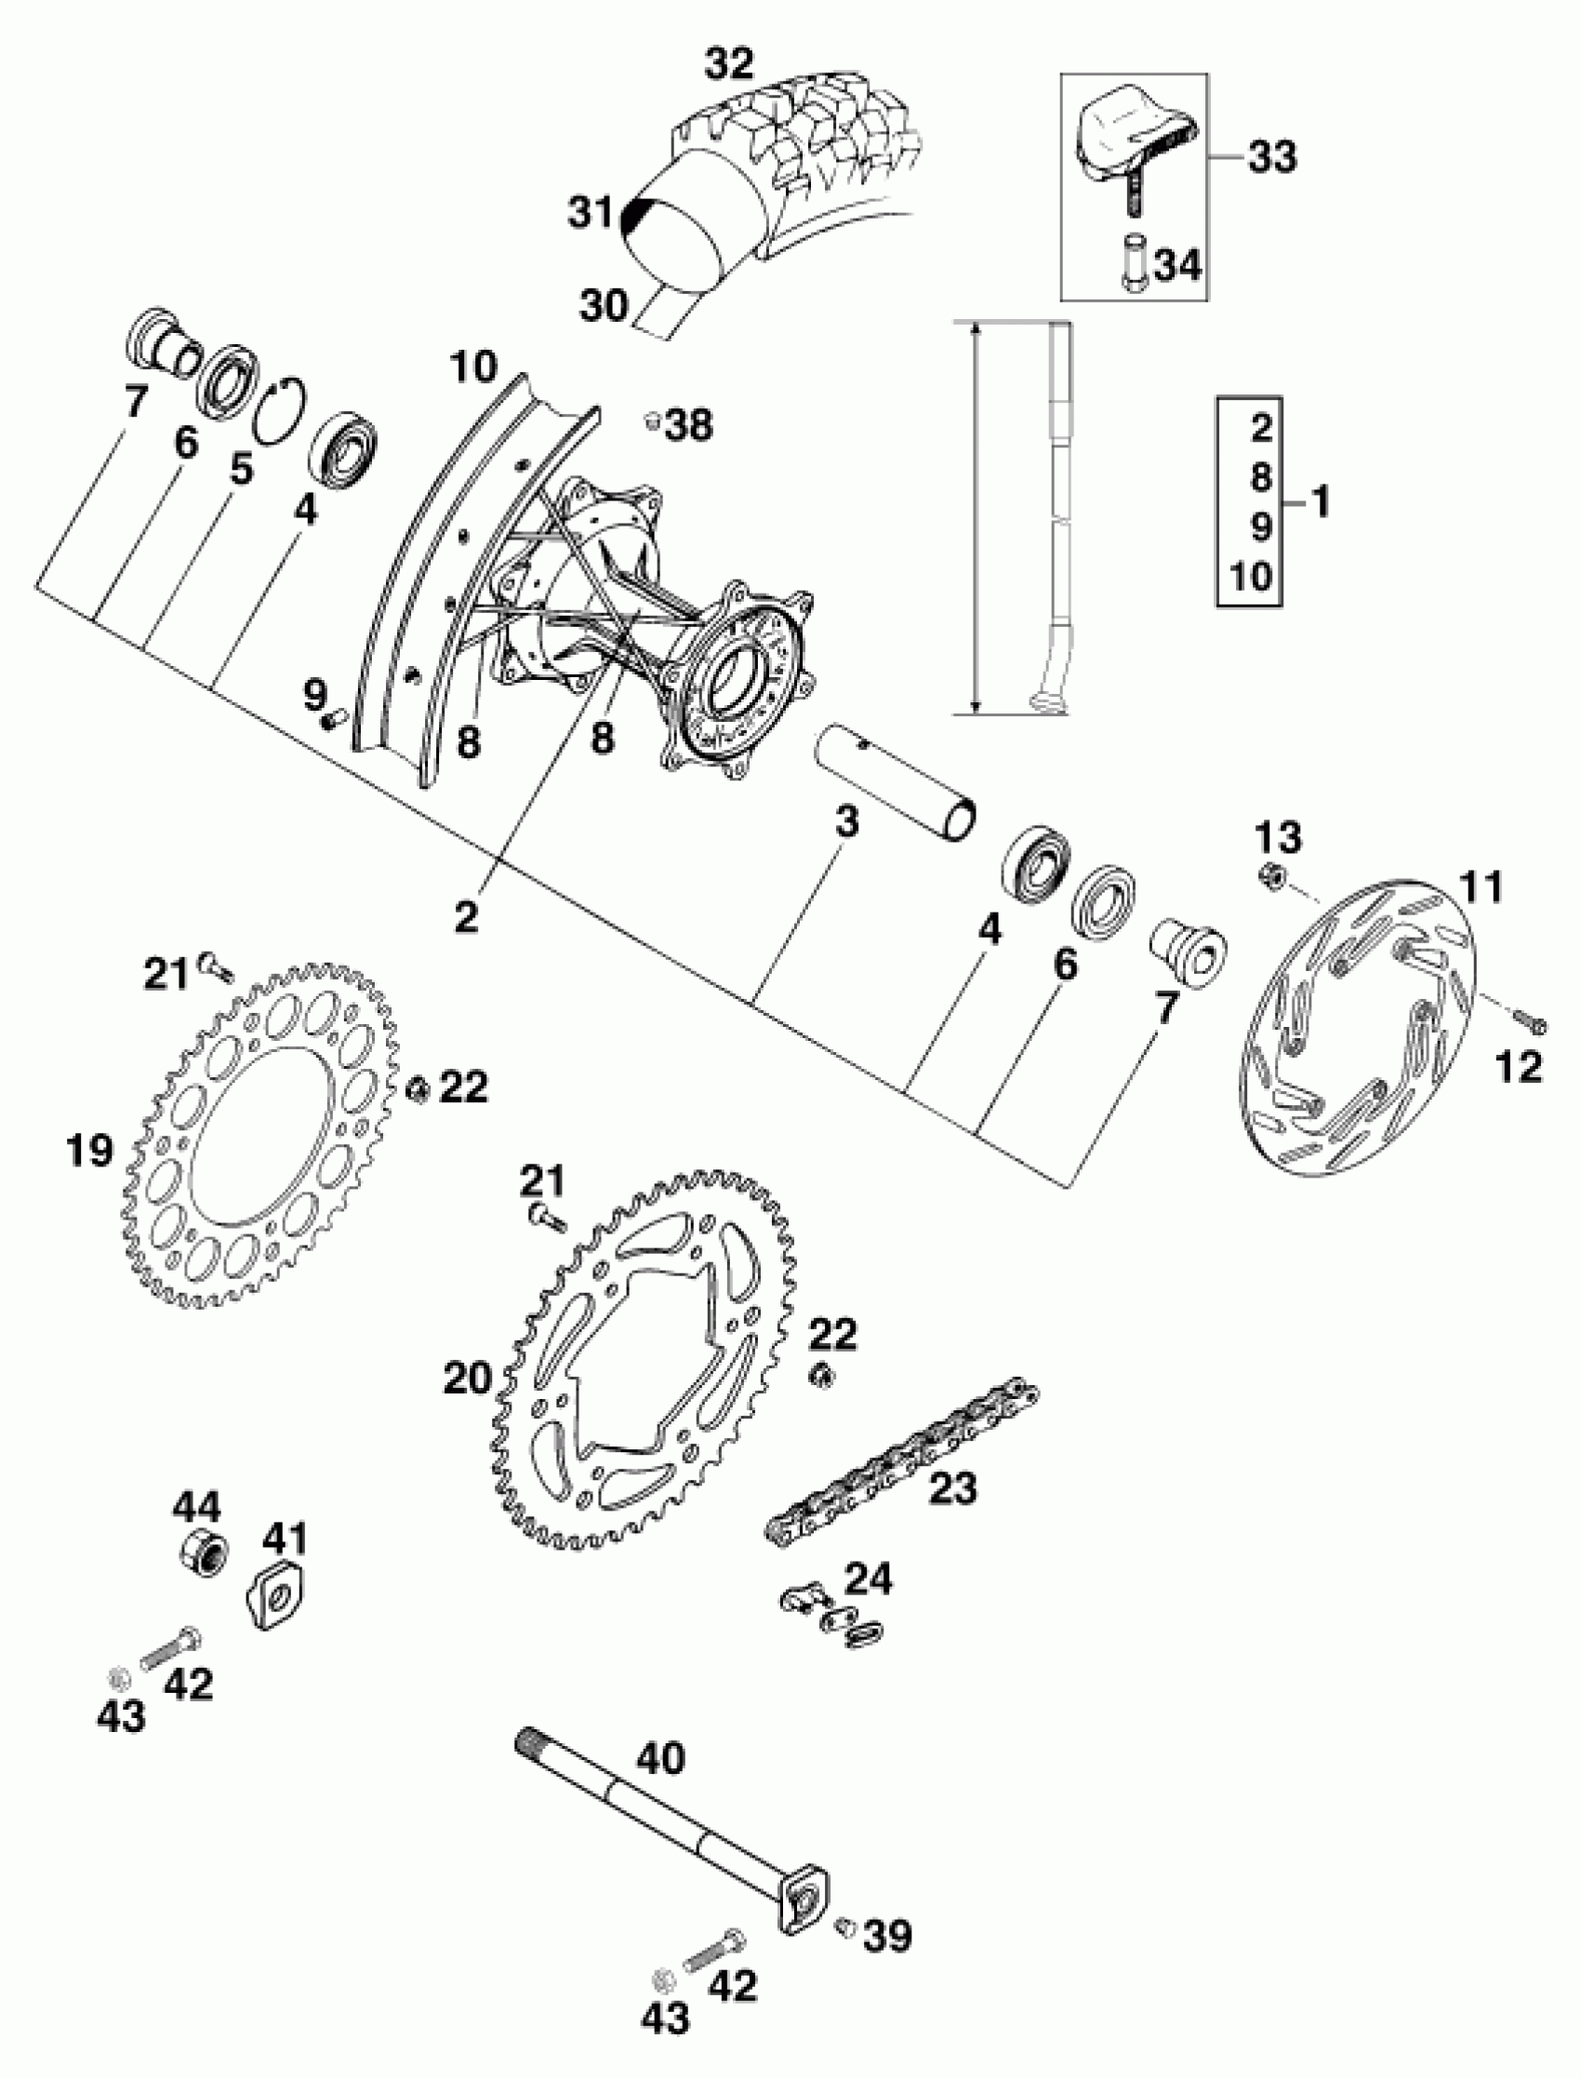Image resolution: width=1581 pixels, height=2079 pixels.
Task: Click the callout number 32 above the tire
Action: click(730, 63)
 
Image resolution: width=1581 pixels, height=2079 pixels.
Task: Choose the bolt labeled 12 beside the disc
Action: click(1530, 1020)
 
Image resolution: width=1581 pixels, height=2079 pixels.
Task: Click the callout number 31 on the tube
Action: click(590, 213)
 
